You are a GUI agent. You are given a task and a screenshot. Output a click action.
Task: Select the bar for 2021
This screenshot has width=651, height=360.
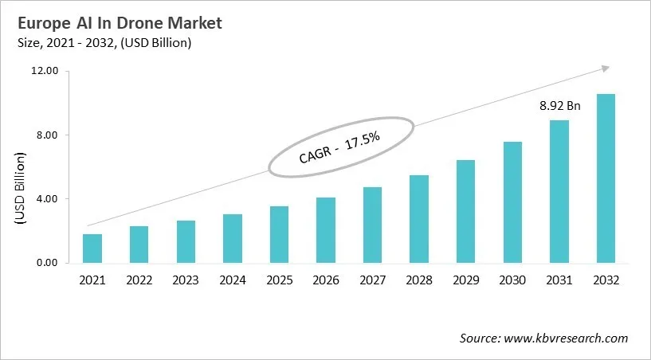pyautogui.click(x=92, y=248)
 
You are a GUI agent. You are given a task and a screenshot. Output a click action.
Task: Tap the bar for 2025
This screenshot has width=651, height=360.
pyautogui.click(x=279, y=234)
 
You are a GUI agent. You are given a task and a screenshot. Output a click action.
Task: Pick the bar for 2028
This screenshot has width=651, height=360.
pyautogui.click(x=419, y=219)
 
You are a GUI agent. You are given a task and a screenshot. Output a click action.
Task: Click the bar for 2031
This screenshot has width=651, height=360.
pyautogui.click(x=559, y=191)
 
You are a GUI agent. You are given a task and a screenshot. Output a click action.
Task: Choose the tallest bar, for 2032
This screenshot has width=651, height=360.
pyautogui.click(x=606, y=178)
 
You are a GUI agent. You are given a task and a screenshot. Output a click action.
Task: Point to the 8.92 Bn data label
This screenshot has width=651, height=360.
pyautogui.click(x=558, y=105)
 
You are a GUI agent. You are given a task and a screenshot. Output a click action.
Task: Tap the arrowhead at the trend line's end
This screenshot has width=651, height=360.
pyautogui.click(x=606, y=69)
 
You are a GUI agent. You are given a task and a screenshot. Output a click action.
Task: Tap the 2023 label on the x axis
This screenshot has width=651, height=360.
pyautogui.click(x=186, y=280)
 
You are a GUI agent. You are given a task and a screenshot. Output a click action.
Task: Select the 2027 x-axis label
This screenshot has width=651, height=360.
pyautogui.click(x=372, y=280)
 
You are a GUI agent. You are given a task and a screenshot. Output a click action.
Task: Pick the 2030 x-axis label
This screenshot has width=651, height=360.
pyautogui.click(x=512, y=280)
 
